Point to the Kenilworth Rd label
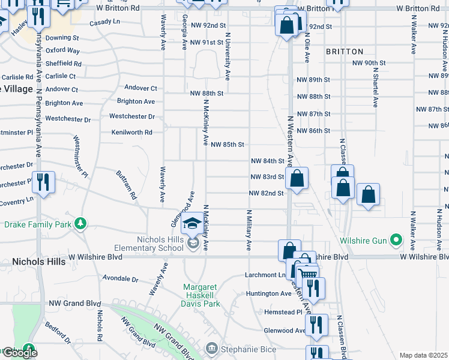(131, 132)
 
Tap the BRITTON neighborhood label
(345, 52)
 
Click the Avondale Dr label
(120, 279)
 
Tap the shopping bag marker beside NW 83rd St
(297, 179)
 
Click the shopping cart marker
(308, 274)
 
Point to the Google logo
(20, 353)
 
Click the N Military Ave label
(249, 230)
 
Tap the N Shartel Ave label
(375, 87)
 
